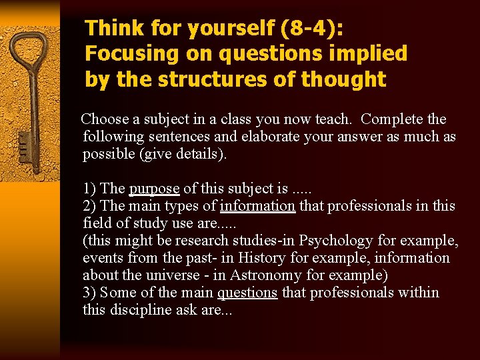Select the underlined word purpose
(x=154, y=189)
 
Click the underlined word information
(x=257, y=206)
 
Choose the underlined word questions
(x=247, y=292)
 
